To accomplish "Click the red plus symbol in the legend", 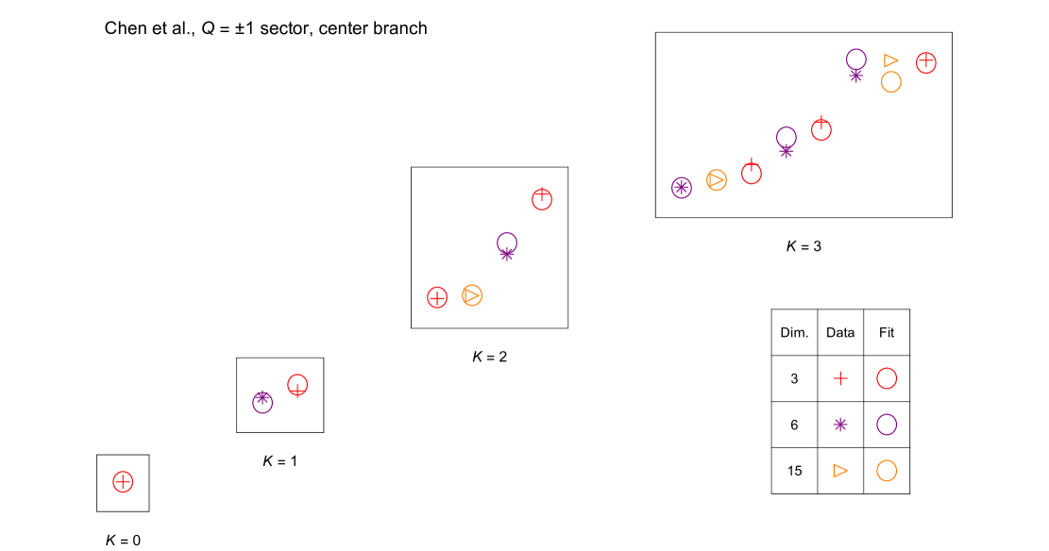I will point(840,378).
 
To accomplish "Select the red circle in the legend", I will point(887,378).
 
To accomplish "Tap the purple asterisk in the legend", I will point(840,425).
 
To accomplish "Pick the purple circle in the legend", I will point(887,425).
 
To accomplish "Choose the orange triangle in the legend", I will point(840,470).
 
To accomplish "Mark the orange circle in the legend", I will point(887,470).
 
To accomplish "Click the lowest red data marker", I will point(123,481).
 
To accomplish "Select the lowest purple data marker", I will point(262,402).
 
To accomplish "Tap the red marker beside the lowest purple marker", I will point(297,385).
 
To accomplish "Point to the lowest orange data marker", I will point(472,295).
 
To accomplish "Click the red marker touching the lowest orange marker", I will point(437,297).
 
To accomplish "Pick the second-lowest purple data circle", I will point(507,242).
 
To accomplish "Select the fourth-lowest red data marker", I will point(542,199).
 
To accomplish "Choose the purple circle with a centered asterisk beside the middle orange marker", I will point(682,188).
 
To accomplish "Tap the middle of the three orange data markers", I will point(717,180).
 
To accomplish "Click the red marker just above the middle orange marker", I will point(752,173).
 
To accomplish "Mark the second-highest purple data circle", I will point(787,138).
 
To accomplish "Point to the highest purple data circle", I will point(856,59).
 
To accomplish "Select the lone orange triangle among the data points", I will point(890,60).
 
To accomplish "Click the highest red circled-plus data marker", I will point(926,63).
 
